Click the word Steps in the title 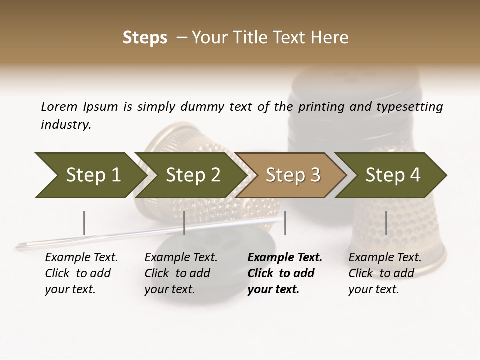(x=145, y=38)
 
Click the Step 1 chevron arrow (x=90, y=175)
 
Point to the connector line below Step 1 (x=84, y=223)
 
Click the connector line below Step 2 (x=184, y=223)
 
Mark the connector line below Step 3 (x=285, y=223)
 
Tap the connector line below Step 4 (x=386, y=223)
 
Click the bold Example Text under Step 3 (x=285, y=273)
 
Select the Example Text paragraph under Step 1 (x=81, y=273)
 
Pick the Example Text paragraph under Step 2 (x=181, y=273)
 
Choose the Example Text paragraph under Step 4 (x=385, y=273)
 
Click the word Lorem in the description (x=59, y=107)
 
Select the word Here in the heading (x=332, y=38)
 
